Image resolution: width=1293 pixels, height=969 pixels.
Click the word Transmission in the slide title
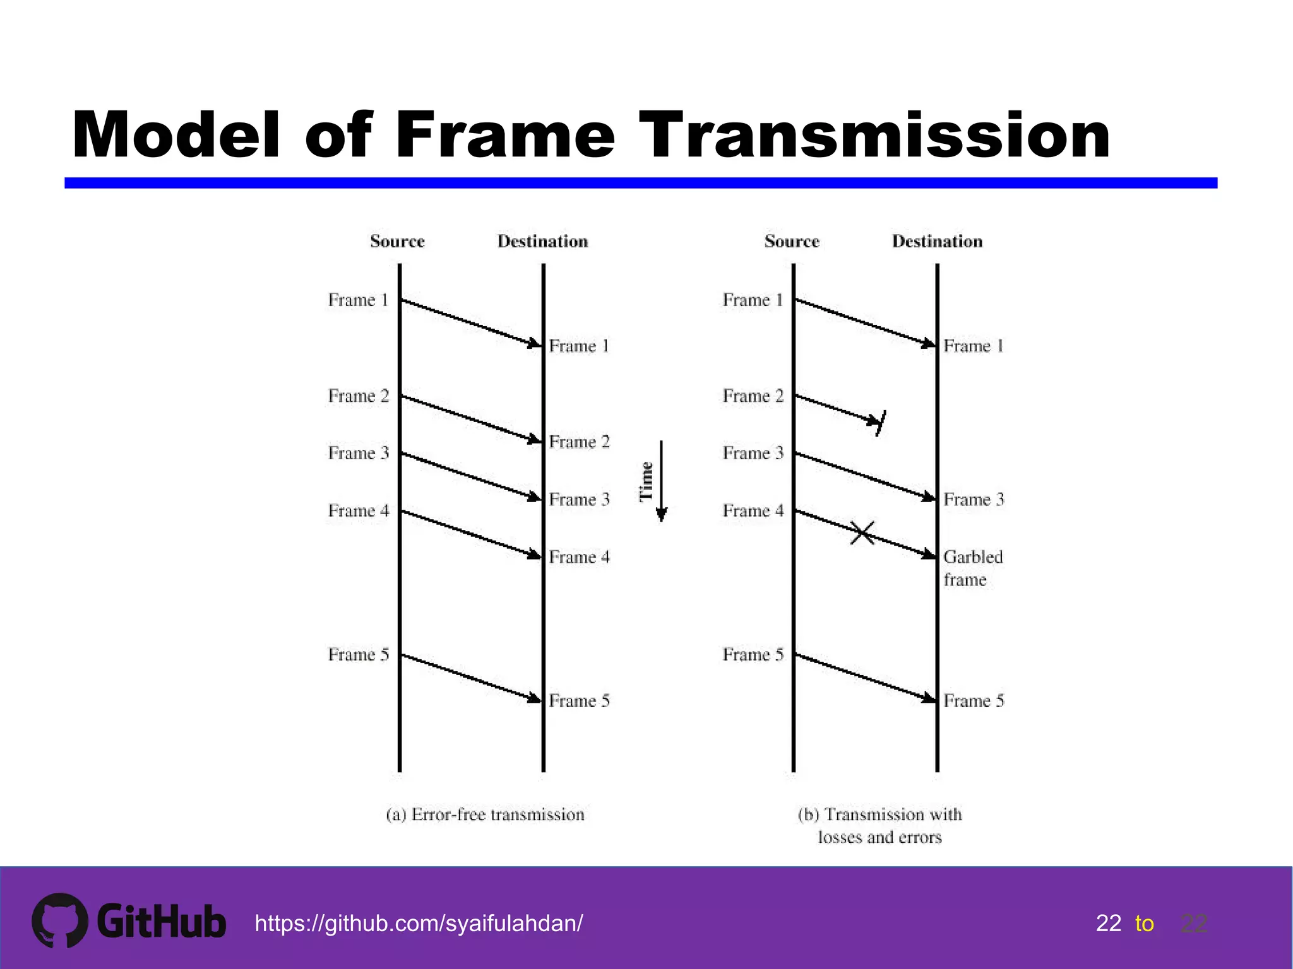[x=874, y=135]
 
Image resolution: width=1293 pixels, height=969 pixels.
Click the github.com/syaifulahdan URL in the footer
[x=419, y=924]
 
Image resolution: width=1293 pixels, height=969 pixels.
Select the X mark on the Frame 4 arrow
[x=862, y=533]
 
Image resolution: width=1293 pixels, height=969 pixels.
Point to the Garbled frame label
[x=972, y=568]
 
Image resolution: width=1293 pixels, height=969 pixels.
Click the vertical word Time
[x=646, y=481]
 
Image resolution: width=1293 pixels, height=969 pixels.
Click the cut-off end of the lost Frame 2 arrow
[x=879, y=423]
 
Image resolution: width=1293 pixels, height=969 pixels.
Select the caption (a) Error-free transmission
[x=485, y=814]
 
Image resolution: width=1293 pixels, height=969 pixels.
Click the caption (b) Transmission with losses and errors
[x=879, y=825]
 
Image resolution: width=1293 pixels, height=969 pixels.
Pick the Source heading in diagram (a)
[x=397, y=241]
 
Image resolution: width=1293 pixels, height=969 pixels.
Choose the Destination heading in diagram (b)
[x=937, y=241]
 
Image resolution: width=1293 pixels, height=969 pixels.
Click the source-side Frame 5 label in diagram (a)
[x=358, y=655]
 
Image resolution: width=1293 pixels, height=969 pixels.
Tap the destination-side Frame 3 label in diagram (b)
[x=974, y=500]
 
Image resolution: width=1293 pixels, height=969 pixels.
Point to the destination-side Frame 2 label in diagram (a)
[x=579, y=442]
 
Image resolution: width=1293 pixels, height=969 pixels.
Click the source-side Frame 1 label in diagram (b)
[x=753, y=300]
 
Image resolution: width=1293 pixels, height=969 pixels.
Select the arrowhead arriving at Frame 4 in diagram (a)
[x=535, y=555]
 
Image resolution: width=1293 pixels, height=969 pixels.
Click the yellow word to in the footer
[x=1144, y=924]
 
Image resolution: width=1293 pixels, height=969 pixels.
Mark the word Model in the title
[x=176, y=135]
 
